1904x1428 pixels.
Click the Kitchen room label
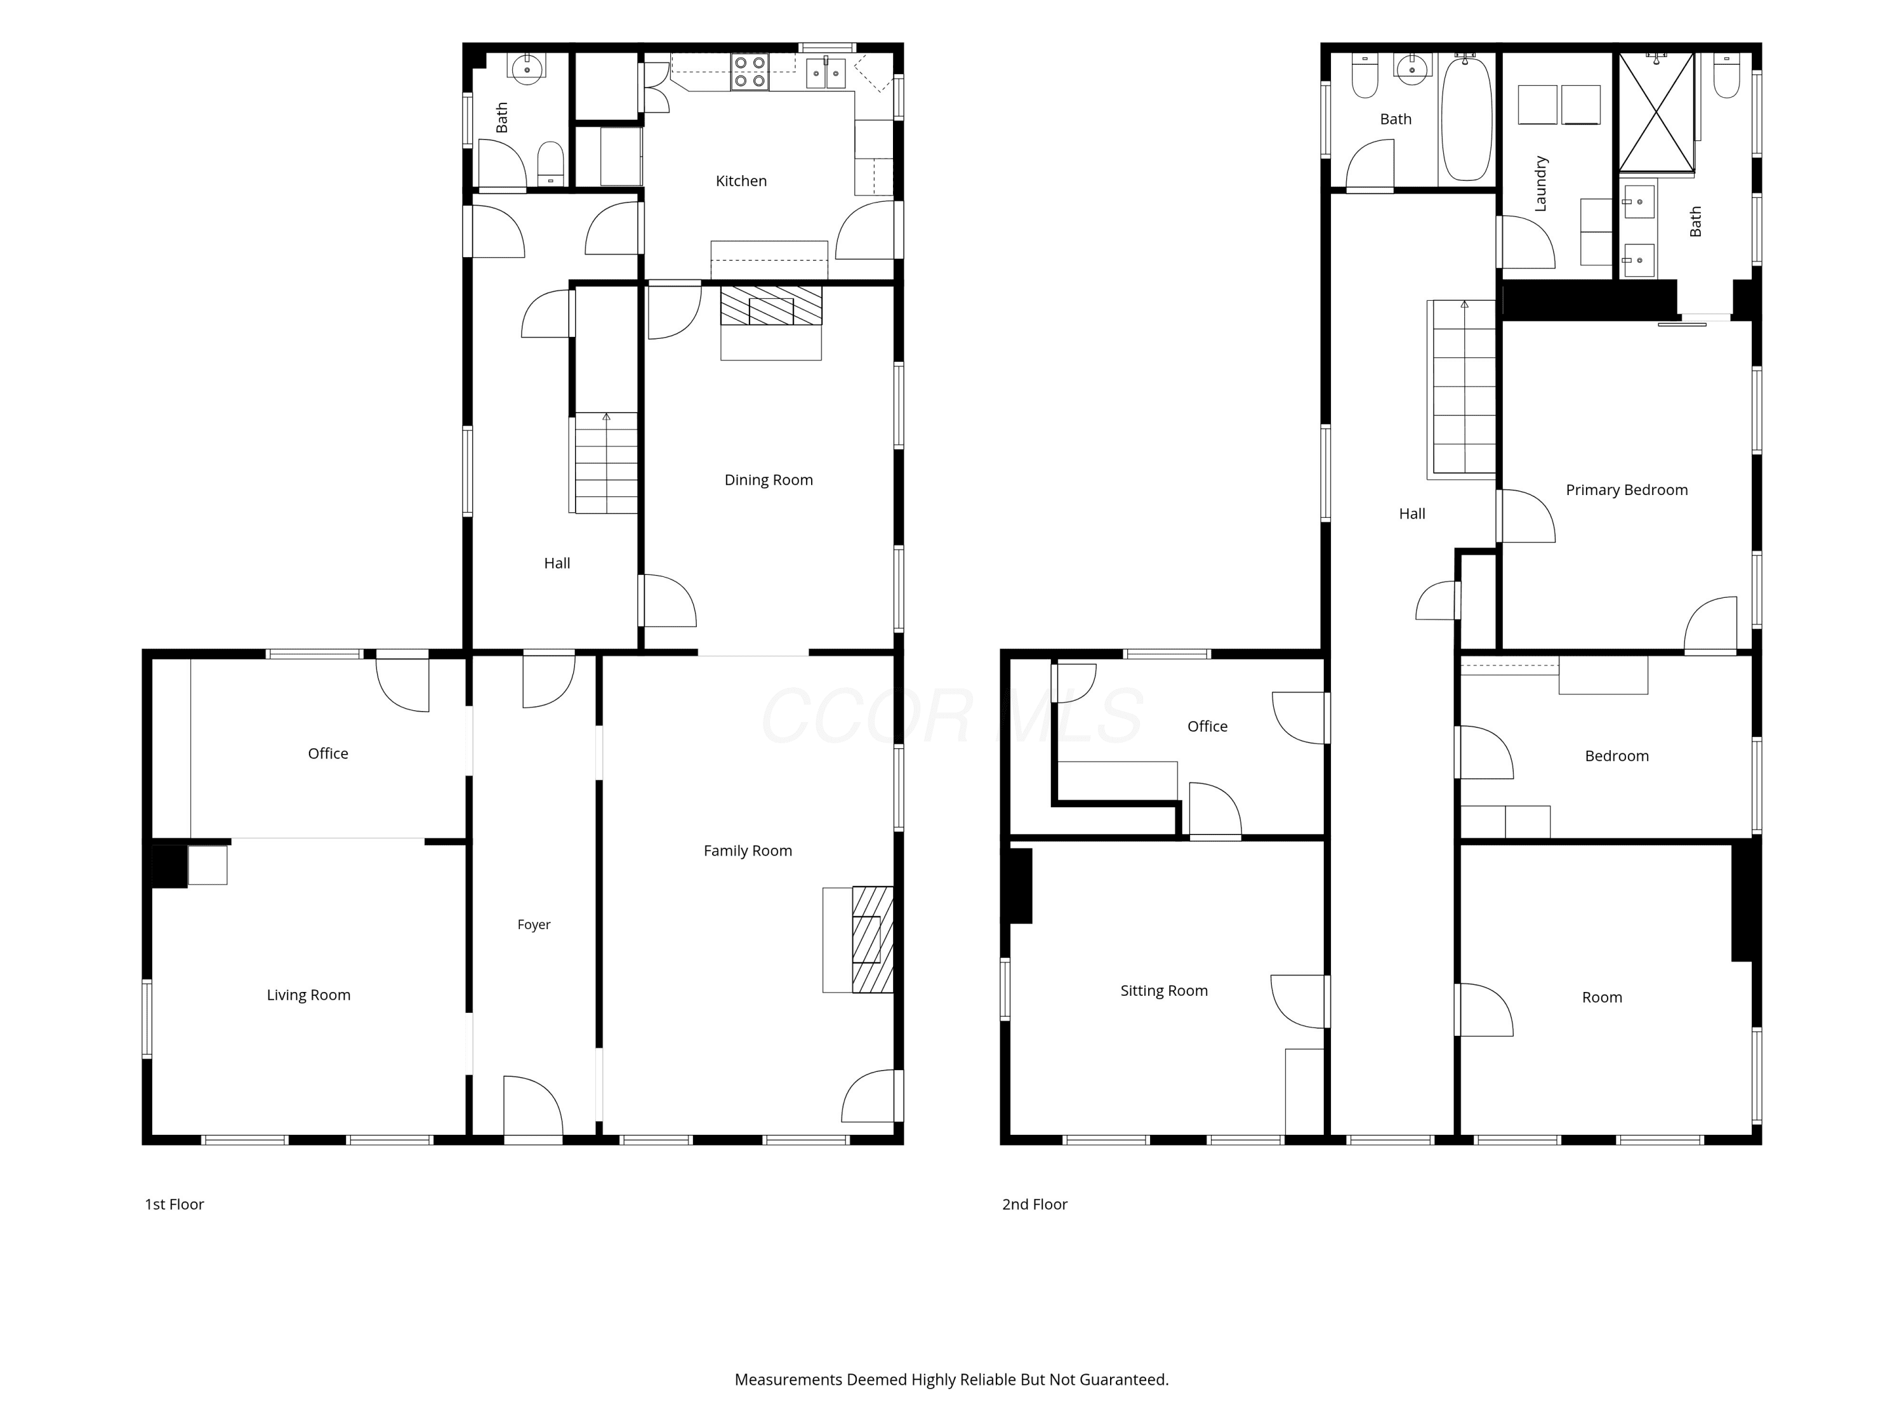pos(741,181)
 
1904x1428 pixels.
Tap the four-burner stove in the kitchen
pos(750,72)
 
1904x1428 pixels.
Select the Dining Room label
pos(769,480)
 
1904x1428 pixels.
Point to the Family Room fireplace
pos(872,939)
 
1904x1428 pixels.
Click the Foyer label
pos(534,925)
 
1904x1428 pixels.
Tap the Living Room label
pos(309,995)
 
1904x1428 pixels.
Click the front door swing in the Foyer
pos(533,1106)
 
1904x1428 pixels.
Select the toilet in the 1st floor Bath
pos(551,164)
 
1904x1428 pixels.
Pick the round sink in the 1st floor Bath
pos(526,68)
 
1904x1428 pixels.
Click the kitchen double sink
pos(826,73)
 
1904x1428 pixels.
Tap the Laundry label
pos(1541,183)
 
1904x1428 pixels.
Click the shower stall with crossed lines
pos(1656,112)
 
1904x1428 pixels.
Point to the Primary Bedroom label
pos(1627,490)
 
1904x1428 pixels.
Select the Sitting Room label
pos(1164,991)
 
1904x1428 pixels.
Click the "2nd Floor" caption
pos(1035,1204)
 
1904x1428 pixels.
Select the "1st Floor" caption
pos(174,1204)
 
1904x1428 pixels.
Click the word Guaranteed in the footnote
pos(1124,1380)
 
